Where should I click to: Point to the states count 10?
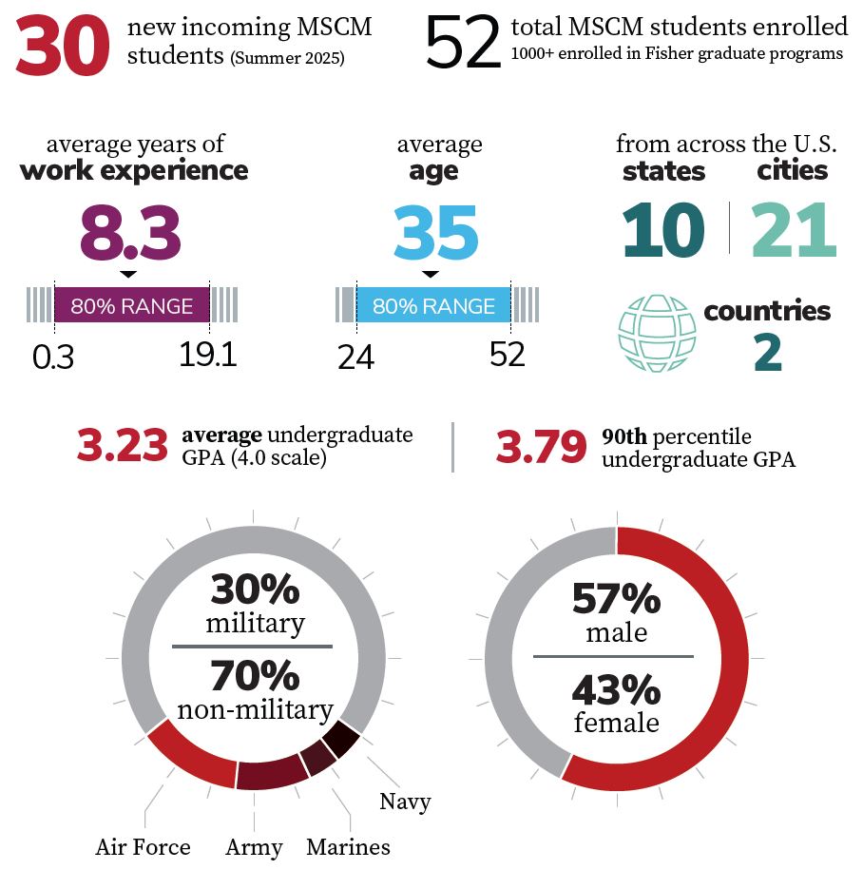point(663,231)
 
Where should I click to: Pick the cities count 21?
point(794,231)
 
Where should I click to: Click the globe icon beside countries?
point(657,333)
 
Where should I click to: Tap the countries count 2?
point(767,352)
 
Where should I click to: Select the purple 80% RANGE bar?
point(131,306)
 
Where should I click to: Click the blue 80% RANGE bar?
point(433,306)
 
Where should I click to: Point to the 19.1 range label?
point(207,355)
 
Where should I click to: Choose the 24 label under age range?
point(356,357)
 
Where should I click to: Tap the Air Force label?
point(143,846)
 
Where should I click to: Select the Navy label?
point(405,802)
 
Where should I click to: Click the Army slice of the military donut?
point(271,774)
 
